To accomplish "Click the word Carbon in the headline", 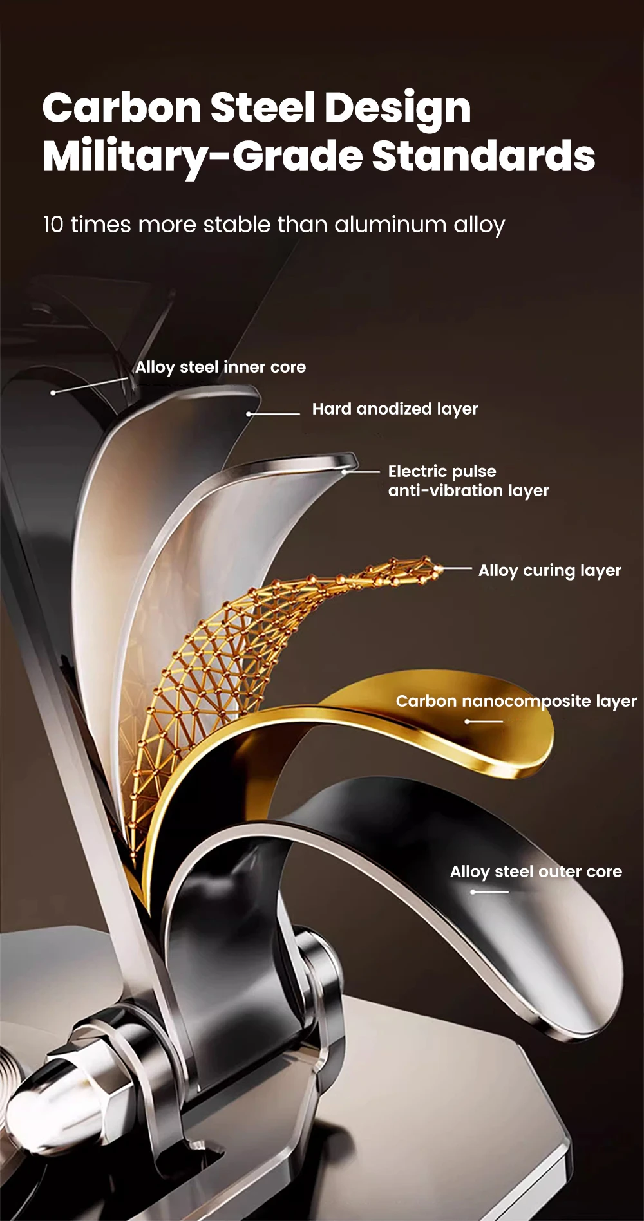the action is pos(122,108).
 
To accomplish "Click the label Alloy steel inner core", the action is pos(220,368).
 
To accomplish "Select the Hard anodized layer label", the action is pos(395,409).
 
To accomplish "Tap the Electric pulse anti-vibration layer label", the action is pos(468,481).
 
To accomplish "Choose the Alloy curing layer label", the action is pos(549,571).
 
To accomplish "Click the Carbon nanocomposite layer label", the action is pos(516,702).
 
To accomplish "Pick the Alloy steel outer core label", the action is pos(536,872).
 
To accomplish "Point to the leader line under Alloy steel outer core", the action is pos(490,892).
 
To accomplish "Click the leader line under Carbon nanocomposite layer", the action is pos(484,722).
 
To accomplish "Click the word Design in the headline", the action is pos(397,108).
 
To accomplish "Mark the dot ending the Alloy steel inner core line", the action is pos(53,393).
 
